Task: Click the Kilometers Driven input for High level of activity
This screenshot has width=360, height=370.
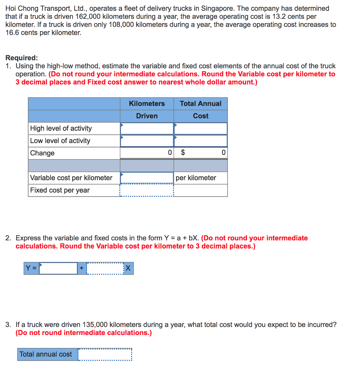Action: click(x=147, y=129)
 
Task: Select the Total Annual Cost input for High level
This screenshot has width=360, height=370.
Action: click(x=201, y=129)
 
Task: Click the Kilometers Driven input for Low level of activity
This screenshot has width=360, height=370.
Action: click(x=147, y=141)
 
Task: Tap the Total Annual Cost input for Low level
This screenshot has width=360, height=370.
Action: click(x=201, y=141)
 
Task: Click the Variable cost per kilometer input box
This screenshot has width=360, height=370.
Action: click(x=147, y=178)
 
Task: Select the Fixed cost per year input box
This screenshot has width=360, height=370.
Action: click(x=147, y=190)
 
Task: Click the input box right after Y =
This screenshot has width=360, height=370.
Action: click(x=58, y=268)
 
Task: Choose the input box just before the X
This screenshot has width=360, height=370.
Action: click(x=105, y=268)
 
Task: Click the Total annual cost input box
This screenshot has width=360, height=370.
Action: click(x=105, y=354)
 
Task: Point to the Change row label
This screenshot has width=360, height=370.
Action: click(x=42, y=153)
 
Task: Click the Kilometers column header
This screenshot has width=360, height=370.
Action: click(x=147, y=104)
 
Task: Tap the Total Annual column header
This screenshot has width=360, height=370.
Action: click(x=200, y=104)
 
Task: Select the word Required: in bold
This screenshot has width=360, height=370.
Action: click(x=22, y=58)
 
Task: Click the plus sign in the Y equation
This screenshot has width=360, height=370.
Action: click(x=82, y=268)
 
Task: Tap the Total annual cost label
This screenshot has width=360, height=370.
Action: click(x=46, y=354)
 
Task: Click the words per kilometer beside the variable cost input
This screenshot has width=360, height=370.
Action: click(x=196, y=178)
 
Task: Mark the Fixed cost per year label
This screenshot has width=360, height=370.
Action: click(x=60, y=190)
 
